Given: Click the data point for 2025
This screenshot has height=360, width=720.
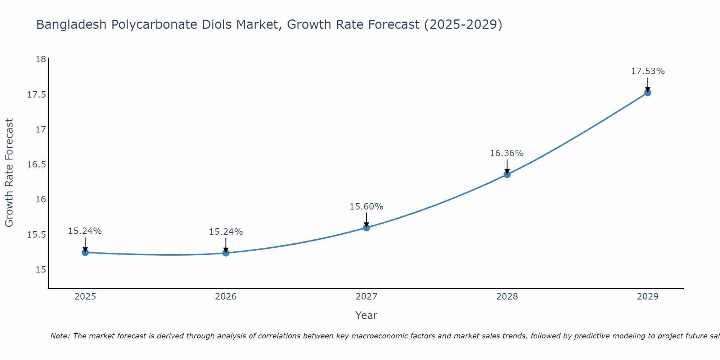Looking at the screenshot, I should click(85, 252).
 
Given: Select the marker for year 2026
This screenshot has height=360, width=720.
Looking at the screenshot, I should click(226, 253).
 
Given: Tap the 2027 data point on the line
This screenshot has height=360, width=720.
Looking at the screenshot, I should click(366, 228).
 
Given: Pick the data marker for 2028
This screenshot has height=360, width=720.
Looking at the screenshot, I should click(507, 175).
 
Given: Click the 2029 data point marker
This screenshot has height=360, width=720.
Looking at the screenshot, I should click(648, 93).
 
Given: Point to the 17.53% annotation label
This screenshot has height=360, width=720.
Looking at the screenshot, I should click(648, 71).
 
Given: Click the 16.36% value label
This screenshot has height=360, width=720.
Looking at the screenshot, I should click(507, 153).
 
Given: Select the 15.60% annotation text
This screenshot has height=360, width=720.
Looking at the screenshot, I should click(366, 207).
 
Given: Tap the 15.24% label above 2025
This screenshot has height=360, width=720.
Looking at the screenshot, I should click(85, 231).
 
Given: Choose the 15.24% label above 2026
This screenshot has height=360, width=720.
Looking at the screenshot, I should click(226, 232).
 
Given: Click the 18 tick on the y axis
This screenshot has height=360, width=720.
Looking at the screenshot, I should click(41, 59).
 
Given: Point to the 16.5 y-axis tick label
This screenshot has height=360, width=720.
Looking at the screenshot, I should click(37, 165).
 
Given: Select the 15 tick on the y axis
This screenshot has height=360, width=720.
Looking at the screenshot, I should click(41, 270).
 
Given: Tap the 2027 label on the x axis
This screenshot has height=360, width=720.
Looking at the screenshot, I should click(366, 297).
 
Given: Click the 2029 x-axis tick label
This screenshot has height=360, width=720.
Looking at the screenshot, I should click(648, 297).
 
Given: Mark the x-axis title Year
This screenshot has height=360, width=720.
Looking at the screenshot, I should click(366, 315).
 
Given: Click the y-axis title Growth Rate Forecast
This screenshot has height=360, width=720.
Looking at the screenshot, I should click(9, 173).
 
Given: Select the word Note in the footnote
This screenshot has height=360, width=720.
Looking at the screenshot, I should click(60, 336).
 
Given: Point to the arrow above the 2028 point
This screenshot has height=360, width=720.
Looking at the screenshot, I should click(507, 167).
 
